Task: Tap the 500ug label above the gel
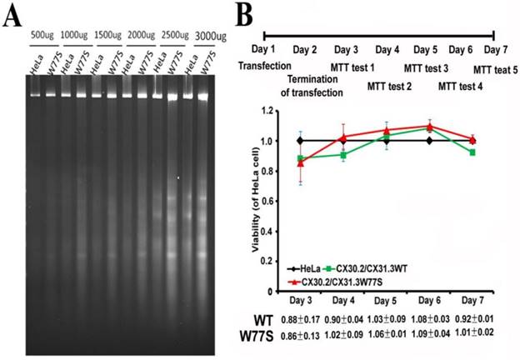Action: (42, 36)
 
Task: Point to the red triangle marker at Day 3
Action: (300, 163)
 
